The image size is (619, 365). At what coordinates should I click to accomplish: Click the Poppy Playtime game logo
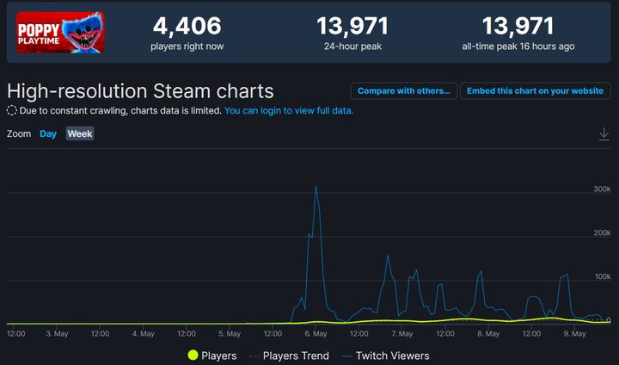click(x=60, y=33)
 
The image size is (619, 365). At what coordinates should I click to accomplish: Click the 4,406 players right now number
click(x=187, y=27)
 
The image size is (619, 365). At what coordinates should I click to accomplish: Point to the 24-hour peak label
click(x=352, y=46)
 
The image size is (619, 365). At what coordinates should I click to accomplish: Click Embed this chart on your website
click(x=535, y=90)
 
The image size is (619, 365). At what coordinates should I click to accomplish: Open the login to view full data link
click(x=289, y=111)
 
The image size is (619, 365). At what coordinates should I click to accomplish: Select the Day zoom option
click(x=48, y=133)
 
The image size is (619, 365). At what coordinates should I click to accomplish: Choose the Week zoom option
click(x=80, y=133)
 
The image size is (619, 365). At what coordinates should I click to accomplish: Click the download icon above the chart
click(x=604, y=133)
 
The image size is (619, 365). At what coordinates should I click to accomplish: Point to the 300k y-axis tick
click(x=601, y=189)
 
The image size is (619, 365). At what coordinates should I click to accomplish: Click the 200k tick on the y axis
click(x=601, y=233)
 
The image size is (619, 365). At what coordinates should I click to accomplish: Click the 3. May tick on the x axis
click(x=57, y=332)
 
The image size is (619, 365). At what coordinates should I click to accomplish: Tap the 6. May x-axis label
click(x=316, y=332)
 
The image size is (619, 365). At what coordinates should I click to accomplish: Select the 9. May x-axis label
click(x=574, y=332)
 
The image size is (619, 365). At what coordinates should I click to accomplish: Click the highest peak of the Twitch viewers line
click(x=316, y=187)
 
